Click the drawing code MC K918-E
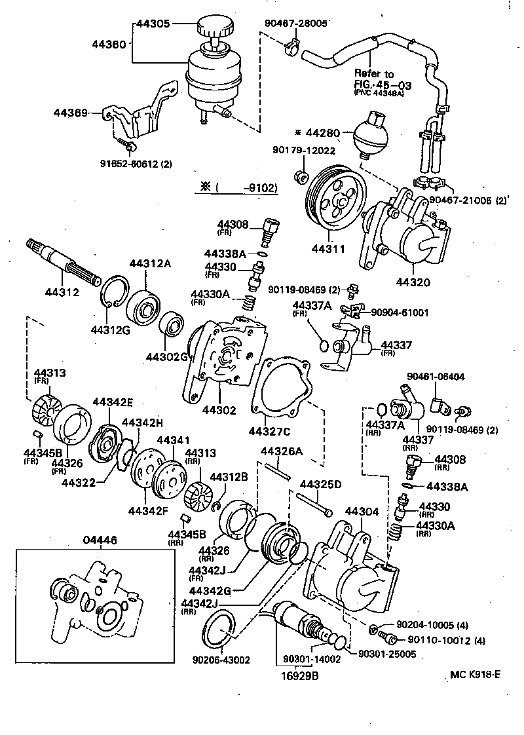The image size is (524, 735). point(475,673)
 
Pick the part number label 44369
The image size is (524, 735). point(71,113)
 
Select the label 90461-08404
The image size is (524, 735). point(436,377)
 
